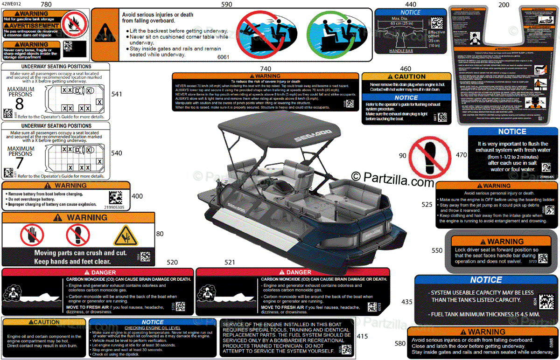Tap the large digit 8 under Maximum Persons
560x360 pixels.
click(x=19, y=103)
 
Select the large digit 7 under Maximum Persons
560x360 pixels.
click(x=19, y=163)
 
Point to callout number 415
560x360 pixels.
click(x=362, y=336)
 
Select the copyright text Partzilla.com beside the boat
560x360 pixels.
click(x=393, y=178)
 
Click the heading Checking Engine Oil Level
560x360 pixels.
click(x=152, y=327)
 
